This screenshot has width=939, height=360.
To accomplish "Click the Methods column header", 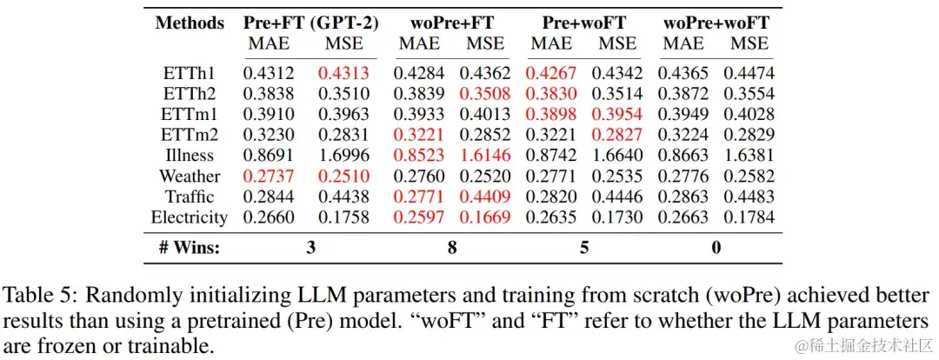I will [x=190, y=23].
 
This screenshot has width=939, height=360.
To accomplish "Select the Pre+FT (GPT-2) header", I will [x=310, y=23].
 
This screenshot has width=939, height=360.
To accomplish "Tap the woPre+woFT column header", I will [x=716, y=23].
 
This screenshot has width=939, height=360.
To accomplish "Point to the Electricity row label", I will [x=190, y=217].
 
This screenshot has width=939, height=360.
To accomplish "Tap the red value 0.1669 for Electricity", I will [x=485, y=217].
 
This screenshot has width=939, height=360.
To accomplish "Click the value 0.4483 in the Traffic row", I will [x=750, y=197].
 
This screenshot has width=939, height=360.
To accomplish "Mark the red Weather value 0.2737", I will [x=269, y=176].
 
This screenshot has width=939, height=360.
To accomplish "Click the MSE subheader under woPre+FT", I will [x=485, y=43].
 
